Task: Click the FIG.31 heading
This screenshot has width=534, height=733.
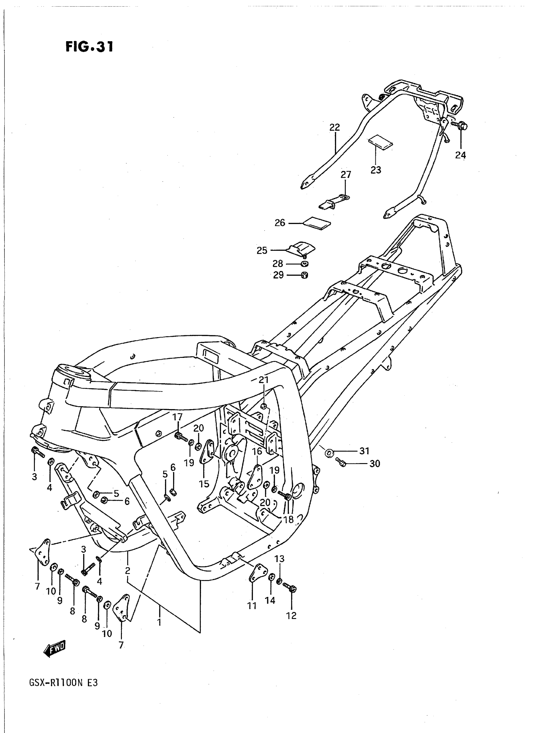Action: tap(89, 47)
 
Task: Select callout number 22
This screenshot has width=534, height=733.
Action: tap(335, 127)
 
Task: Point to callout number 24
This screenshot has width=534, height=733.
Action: tap(460, 155)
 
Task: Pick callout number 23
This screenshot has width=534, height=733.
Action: tap(376, 170)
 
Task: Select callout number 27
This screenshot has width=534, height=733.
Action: tap(346, 175)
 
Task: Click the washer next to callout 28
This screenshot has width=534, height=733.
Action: tap(304, 264)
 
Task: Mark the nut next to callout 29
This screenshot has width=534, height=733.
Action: tap(304, 275)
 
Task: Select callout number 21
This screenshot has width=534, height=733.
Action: tap(264, 380)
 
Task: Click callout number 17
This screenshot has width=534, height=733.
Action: tap(177, 417)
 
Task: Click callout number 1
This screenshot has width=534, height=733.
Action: tap(159, 622)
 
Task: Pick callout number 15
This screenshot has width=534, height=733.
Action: tap(204, 484)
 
